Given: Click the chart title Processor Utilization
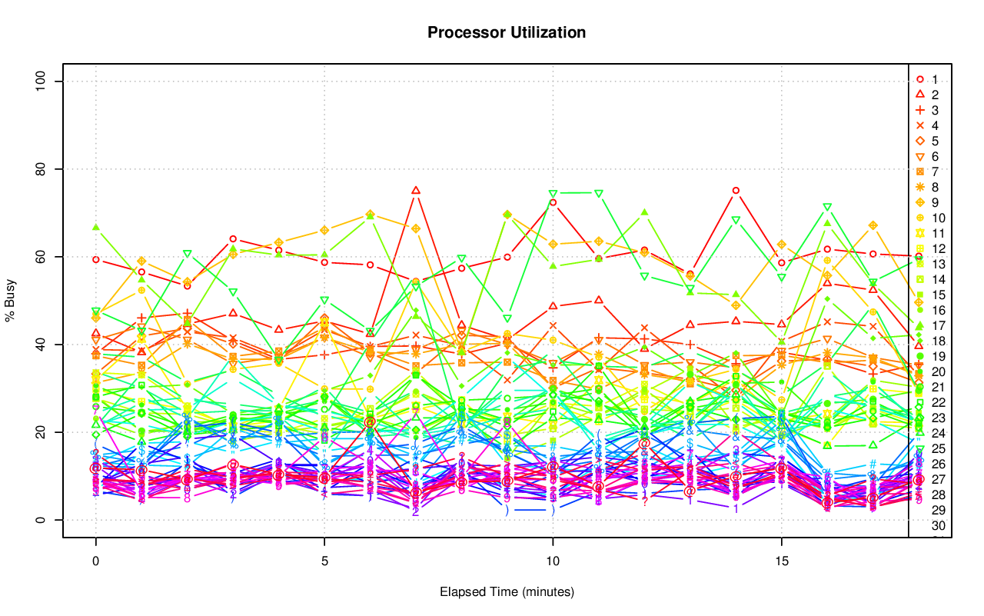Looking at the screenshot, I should click(x=507, y=33).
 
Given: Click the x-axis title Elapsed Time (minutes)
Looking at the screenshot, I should click(x=507, y=592).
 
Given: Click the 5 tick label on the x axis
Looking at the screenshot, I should click(x=324, y=562).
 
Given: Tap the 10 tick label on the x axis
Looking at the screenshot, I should click(x=553, y=562).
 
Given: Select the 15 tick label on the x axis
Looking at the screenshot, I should click(x=781, y=562).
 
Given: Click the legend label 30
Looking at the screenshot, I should click(x=938, y=526).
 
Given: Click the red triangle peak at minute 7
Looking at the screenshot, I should click(x=416, y=190).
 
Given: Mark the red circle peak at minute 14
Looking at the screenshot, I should click(x=736, y=190).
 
